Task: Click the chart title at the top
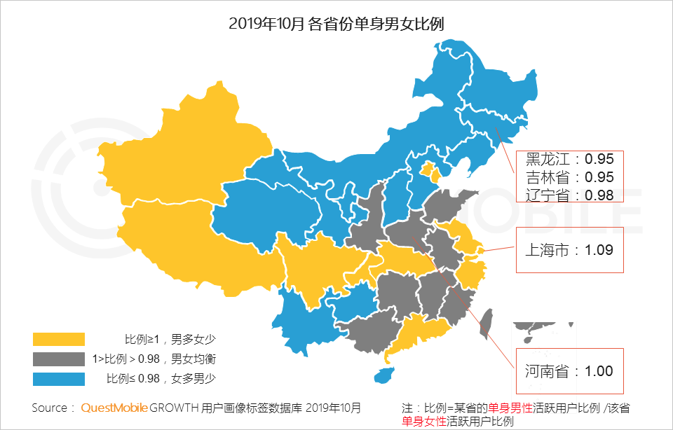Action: [336, 24]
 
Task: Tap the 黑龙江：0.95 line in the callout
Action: [569, 159]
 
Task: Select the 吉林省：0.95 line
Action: [569, 176]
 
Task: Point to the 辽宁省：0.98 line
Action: [569, 194]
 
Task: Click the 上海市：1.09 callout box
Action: [569, 250]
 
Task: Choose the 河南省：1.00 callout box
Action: [569, 370]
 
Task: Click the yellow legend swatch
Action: [59, 340]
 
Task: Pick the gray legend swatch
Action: [59, 359]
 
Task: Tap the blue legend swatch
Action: [59, 379]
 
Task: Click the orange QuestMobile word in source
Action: [114, 408]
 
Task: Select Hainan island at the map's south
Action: [383, 375]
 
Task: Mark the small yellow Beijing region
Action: [428, 170]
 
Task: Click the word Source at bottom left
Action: [49, 408]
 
